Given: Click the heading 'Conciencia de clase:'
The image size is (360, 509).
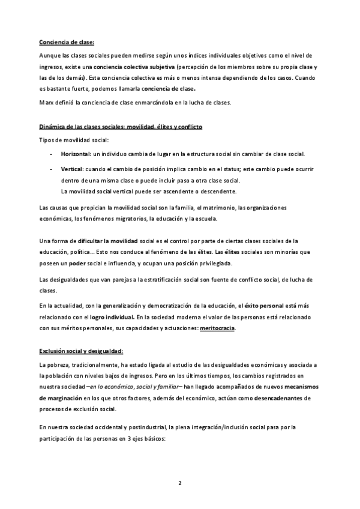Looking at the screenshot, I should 67,41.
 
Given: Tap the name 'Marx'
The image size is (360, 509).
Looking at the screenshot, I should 46,102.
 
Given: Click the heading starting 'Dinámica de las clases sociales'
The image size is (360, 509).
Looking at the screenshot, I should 120,128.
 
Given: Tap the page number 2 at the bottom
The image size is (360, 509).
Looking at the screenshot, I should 179,483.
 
